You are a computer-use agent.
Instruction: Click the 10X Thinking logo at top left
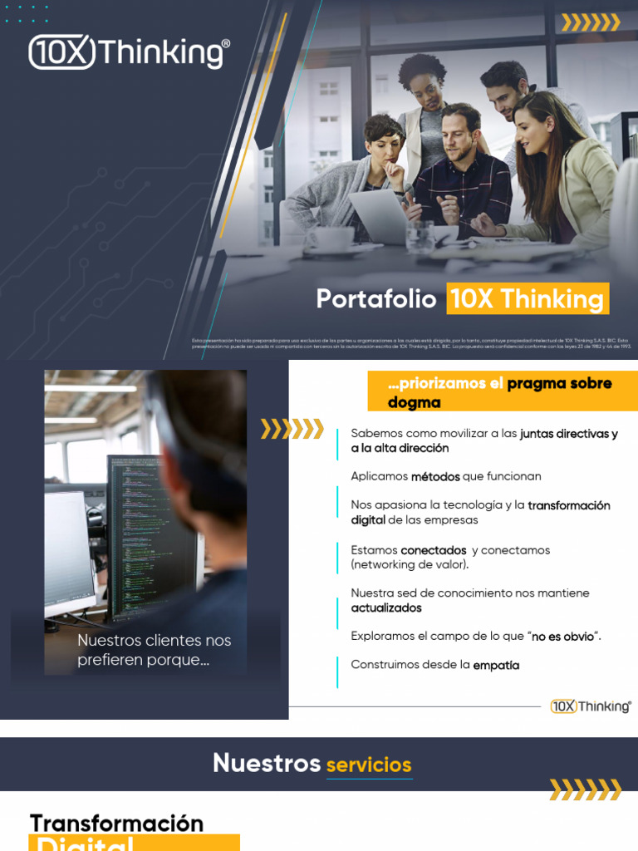(129, 52)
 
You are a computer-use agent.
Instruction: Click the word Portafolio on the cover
(375, 299)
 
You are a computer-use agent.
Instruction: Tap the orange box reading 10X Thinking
(528, 299)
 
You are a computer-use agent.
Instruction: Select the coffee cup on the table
(331, 239)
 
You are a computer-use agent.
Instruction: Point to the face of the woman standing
(425, 83)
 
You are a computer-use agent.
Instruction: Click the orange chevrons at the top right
(591, 22)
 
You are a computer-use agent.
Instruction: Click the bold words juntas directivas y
(568, 434)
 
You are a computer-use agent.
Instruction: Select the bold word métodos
(436, 476)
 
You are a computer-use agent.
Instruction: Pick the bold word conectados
(433, 550)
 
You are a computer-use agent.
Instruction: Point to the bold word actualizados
(385, 608)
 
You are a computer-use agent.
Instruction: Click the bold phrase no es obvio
(562, 637)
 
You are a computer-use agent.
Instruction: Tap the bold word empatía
(496, 665)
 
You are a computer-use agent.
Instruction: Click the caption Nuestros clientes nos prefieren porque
(154, 650)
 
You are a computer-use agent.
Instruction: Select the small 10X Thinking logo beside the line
(591, 706)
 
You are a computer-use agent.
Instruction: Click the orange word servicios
(368, 765)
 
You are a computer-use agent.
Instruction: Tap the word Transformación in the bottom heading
(116, 823)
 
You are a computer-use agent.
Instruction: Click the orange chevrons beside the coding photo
(292, 429)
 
